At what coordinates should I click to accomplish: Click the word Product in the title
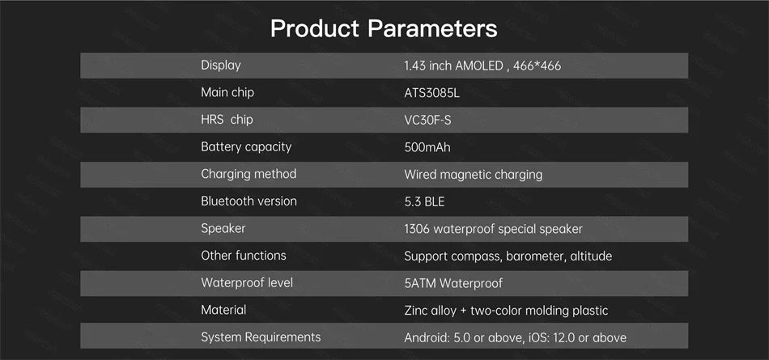point(314,29)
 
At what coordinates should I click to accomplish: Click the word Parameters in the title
point(432,29)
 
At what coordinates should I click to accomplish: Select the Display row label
point(221,66)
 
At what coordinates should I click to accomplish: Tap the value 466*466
point(537,66)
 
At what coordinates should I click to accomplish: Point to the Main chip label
point(227,93)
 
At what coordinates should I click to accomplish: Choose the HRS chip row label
point(227,120)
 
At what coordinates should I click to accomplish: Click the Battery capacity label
point(246,147)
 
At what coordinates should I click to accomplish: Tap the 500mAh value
point(427,147)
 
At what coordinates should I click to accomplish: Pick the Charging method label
point(249,174)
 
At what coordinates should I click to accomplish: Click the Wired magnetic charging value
point(474,175)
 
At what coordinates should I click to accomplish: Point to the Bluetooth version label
point(249,201)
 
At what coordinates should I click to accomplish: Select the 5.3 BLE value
point(424,201)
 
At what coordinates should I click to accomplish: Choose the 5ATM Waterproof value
point(453,283)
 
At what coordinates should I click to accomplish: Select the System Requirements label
point(261,337)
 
